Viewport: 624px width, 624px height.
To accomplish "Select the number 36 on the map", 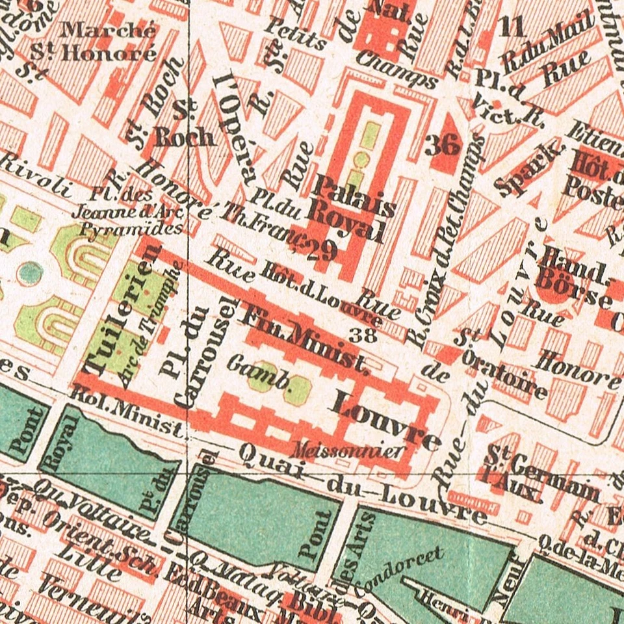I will tap(442, 145).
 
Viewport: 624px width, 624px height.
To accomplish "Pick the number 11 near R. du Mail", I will tap(512, 27).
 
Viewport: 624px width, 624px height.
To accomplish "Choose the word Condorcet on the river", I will tap(407, 563).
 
